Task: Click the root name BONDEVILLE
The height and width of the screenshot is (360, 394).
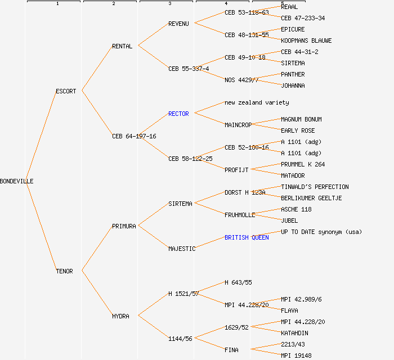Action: [17, 181]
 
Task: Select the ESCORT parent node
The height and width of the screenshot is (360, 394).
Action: [66, 91]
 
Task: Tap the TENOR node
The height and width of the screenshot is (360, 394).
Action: [64, 271]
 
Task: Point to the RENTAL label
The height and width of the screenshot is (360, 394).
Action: [122, 46]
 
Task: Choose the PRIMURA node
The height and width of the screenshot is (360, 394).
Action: [124, 226]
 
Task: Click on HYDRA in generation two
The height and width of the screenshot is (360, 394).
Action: [120, 316]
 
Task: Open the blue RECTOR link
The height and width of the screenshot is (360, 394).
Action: [178, 114]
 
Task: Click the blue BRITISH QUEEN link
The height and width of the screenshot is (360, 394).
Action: [247, 237]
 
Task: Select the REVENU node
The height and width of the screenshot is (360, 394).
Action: [178, 24]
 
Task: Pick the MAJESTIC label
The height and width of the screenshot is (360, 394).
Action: [182, 249]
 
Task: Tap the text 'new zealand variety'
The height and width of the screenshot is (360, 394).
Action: [257, 102]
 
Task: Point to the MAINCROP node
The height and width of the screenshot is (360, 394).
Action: [238, 125]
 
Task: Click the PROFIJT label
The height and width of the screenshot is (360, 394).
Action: [236, 170]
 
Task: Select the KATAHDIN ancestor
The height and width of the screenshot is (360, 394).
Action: [294, 333]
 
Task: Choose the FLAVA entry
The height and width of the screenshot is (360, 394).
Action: [289, 310]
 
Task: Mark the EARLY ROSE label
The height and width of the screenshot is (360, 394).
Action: [298, 130]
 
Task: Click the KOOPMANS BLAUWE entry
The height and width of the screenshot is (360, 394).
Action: [306, 40]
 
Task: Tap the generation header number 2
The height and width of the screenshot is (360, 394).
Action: [113, 4]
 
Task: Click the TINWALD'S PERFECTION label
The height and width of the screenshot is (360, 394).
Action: [315, 187]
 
